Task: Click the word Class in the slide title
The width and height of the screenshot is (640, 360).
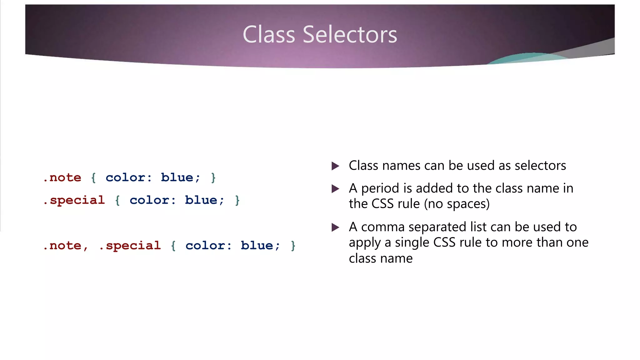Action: pyautogui.click(x=269, y=34)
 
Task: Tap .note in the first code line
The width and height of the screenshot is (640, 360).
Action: pyautogui.click(x=62, y=177)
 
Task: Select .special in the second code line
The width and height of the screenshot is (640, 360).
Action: pyautogui.click(x=74, y=200)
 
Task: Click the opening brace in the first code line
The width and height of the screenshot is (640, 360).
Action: pyautogui.click(x=93, y=178)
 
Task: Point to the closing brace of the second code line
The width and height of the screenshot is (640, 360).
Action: pyautogui.click(x=237, y=200)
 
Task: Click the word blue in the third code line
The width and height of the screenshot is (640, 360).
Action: pyautogui.click(x=257, y=246)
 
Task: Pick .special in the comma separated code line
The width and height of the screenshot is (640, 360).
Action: pyautogui.click(x=130, y=246)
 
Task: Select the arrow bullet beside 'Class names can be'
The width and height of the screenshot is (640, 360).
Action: pyautogui.click(x=335, y=166)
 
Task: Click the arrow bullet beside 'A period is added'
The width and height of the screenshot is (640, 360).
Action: pyautogui.click(x=335, y=189)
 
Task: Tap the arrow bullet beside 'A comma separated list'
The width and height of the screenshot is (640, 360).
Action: pyautogui.click(x=335, y=227)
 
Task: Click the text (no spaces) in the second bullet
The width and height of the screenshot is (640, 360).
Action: pyautogui.click(x=457, y=204)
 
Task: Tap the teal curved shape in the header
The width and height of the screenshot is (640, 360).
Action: pyautogui.click(x=525, y=58)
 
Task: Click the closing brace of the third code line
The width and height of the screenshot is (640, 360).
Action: pyautogui.click(x=293, y=246)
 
